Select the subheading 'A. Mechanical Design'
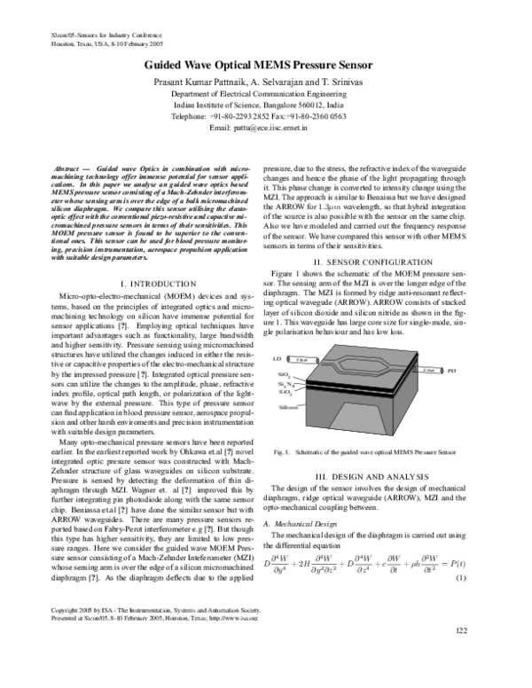coord(300,524)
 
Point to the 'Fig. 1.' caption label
coord(283,453)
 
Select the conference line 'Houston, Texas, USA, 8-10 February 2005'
coord(98,42)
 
